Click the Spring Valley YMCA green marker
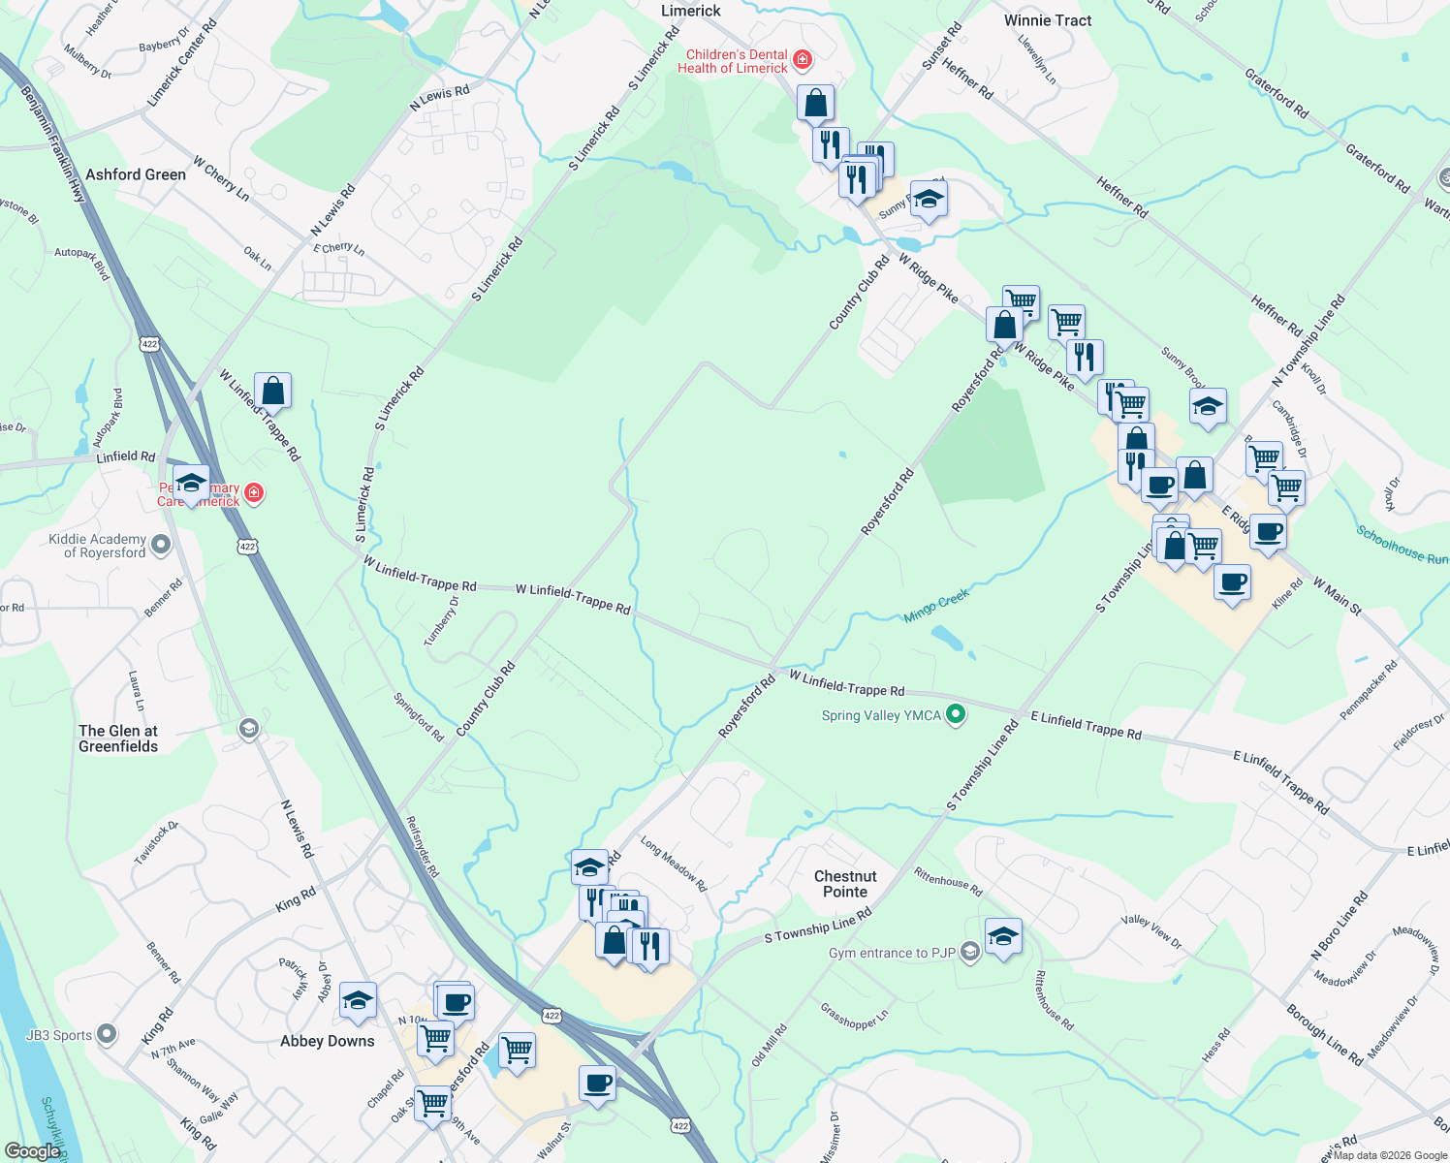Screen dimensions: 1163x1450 click(956, 715)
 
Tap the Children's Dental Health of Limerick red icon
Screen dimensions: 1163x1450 click(802, 61)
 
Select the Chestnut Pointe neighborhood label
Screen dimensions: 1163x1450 click(845, 884)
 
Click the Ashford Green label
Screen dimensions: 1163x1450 click(136, 174)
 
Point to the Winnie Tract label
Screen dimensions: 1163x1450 click(1048, 20)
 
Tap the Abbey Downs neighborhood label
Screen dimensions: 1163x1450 click(327, 1041)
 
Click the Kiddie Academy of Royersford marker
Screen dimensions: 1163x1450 click(162, 545)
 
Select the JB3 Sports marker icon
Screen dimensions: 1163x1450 click(107, 1035)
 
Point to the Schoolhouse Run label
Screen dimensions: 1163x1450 click(1402, 545)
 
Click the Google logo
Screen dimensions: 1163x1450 click(32, 1151)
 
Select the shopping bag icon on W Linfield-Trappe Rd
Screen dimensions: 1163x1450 click(272, 392)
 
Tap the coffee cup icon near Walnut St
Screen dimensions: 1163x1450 click(597, 1083)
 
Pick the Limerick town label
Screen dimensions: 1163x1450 click(690, 11)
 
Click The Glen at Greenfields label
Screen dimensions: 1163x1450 click(118, 739)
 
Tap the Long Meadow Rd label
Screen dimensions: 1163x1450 click(674, 864)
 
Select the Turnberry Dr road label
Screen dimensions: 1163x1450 click(441, 620)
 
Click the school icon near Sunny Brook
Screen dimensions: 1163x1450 click(1208, 407)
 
